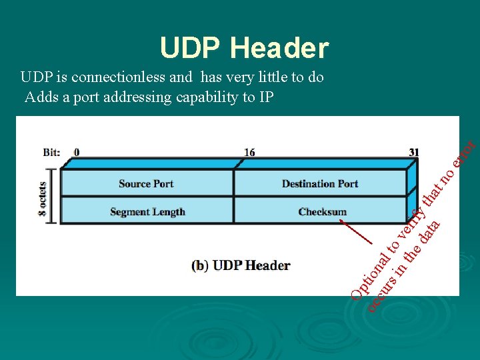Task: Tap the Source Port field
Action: (146, 183)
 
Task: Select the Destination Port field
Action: (320, 183)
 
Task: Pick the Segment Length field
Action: (147, 212)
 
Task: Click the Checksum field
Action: (323, 212)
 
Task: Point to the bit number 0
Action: (77, 152)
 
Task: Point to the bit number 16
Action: (249, 152)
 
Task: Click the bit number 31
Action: (414, 152)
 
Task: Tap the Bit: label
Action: (52, 152)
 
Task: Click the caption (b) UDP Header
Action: (241, 265)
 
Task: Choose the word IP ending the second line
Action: (267, 97)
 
